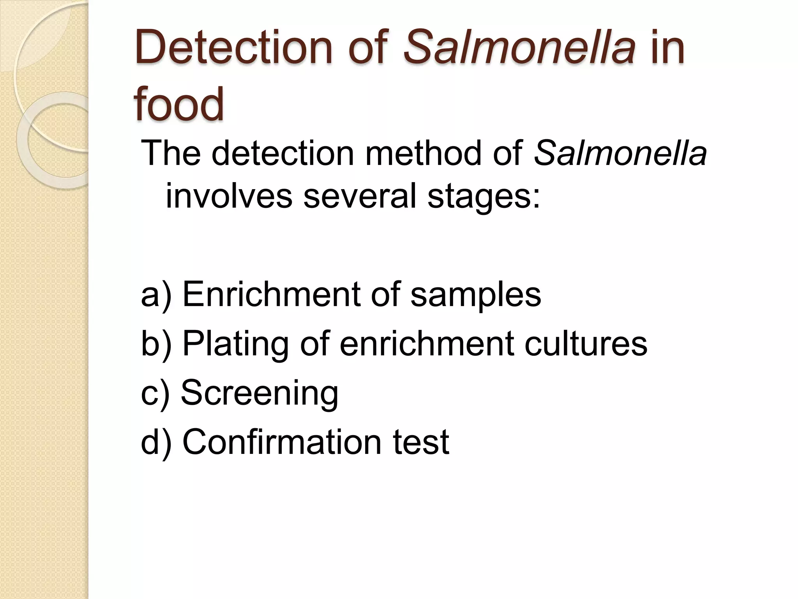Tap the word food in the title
click(179, 104)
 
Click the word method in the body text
click(423, 153)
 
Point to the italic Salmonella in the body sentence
click(620, 153)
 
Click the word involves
click(229, 196)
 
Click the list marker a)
click(156, 295)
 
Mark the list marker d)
click(156, 442)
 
